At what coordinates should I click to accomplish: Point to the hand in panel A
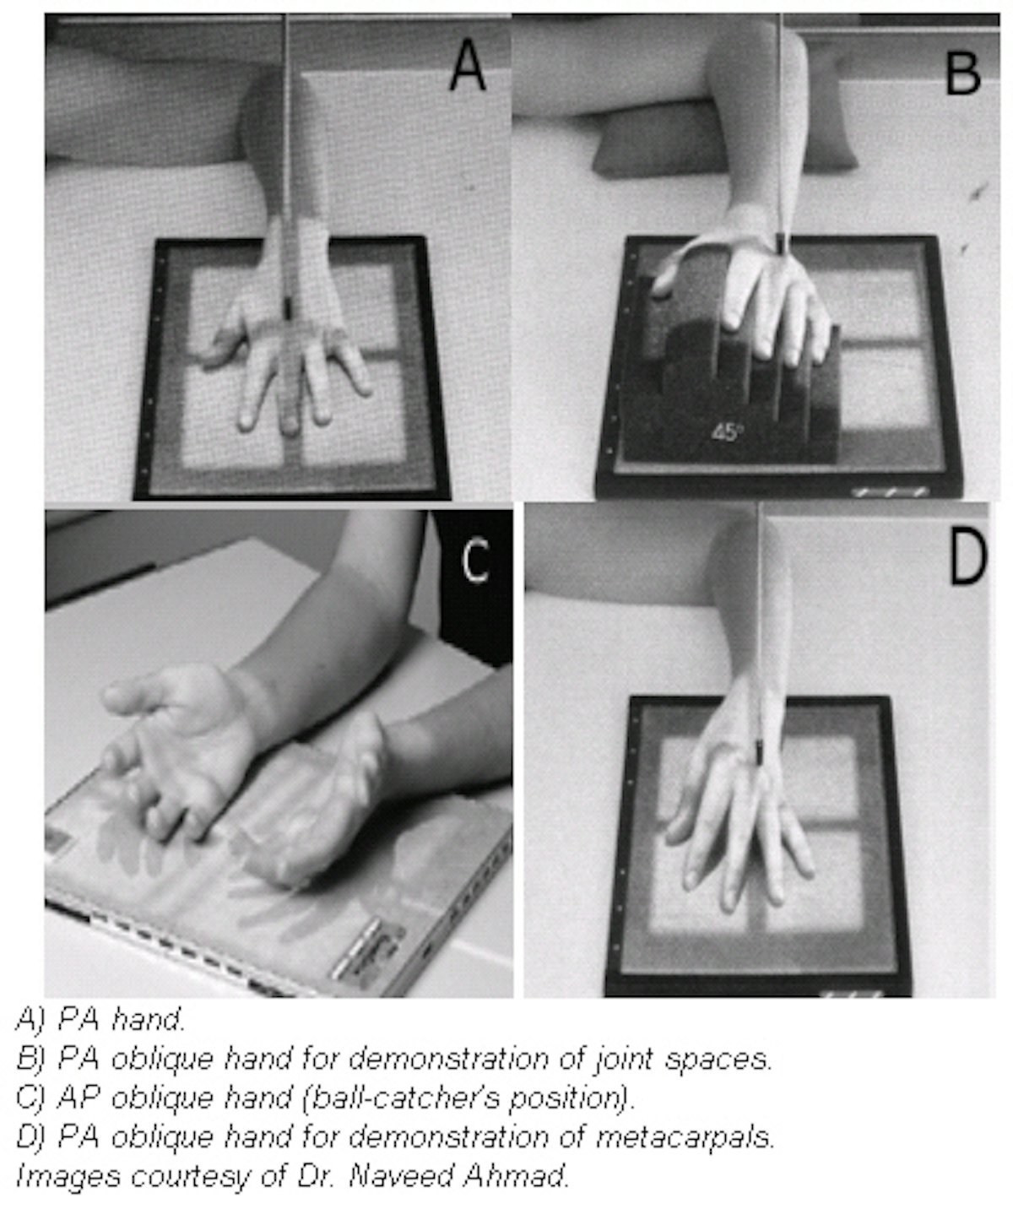tap(283, 355)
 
